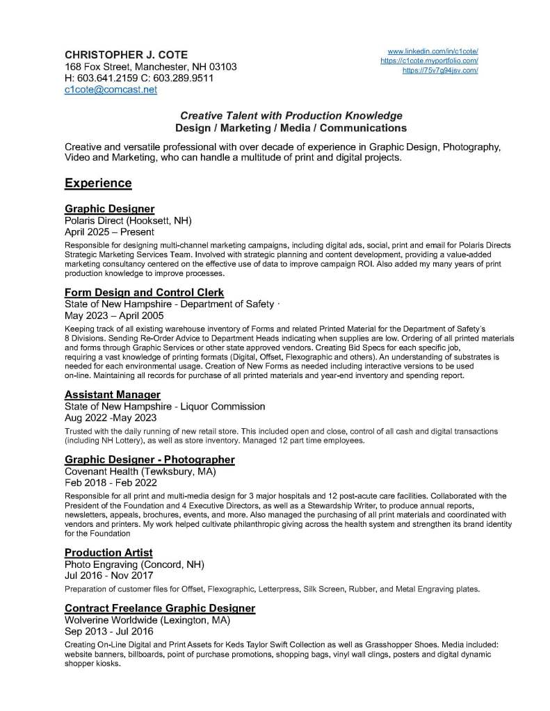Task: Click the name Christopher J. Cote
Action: click(x=126, y=55)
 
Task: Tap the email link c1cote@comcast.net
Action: click(x=111, y=90)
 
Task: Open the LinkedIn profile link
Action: click(x=432, y=51)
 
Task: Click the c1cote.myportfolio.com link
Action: click(x=429, y=61)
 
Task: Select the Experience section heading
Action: click(x=98, y=183)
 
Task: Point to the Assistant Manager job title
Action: click(x=112, y=395)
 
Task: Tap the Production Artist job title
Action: click(x=108, y=553)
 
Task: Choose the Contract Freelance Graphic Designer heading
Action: click(x=159, y=608)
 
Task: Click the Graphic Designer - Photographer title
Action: click(x=149, y=459)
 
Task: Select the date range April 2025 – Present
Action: click(x=109, y=231)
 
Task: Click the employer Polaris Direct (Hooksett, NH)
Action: click(x=128, y=220)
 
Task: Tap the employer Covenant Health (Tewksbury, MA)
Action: click(x=140, y=471)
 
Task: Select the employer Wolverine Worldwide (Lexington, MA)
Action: click(x=147, y=620)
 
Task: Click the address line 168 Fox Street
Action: click(x=150, y=67)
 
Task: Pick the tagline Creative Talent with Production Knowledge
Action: click(x=291, y=115)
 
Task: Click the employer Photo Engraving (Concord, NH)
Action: click(x=134, y=564)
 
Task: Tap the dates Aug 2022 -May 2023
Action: click(x=111, y=418)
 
